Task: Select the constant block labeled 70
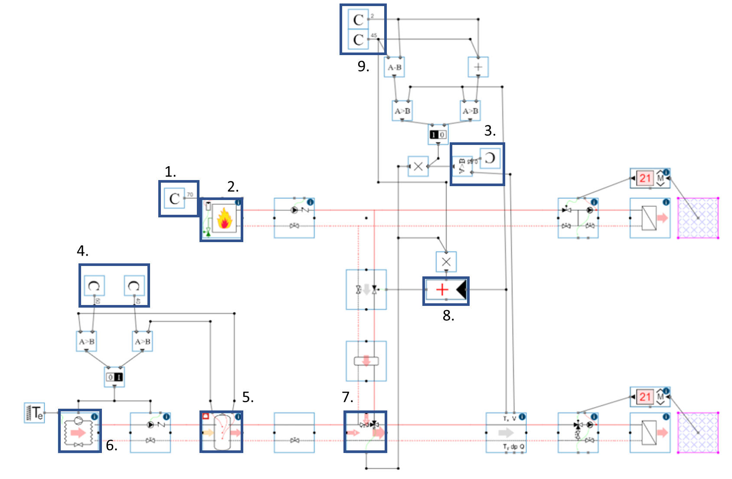click(x=174, y=198)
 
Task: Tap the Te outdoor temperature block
click(x=34, y=413)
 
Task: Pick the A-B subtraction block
click(x=394, y=67)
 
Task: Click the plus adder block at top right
click(x=478, y=67)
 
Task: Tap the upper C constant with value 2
click(x=358, y=20)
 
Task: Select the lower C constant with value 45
click(x=358, y=39)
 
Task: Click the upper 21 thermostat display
click(x=645, y=178)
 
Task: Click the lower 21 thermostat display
click(x=645, y=397)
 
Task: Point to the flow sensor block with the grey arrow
click(x=506, y=433)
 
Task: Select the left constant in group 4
click(x=94, y=285)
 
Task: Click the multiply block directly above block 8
click(x=446, y=262)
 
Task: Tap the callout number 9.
click(x=363, y=66)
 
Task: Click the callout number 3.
click(x=490, y=131)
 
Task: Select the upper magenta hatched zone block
click(x=698, y=218)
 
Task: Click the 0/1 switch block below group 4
click(x=114, y=377)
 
